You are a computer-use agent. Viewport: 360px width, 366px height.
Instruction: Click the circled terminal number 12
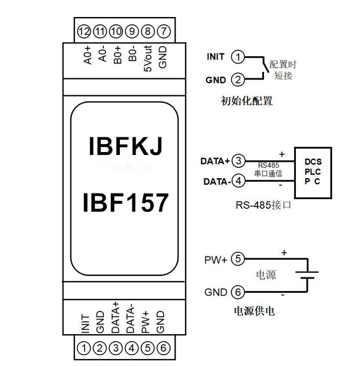pyautogui.click(x=86, y=31)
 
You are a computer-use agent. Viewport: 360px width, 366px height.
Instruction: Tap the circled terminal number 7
pyautogui.click(x=163, y=31)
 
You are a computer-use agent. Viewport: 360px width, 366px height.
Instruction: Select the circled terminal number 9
pyautogui.click(x=132, y=31)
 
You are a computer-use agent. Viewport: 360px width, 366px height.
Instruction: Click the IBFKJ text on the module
pyautogui.click(x=125, y=146)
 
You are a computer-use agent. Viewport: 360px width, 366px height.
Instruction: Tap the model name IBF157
pyautogui.click(x=125, y=201)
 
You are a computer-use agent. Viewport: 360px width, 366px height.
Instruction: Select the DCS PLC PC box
pyautogui.click(x=313, y=171)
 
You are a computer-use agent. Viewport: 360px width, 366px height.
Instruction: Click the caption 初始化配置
pyautogui.click(x=246, y=102)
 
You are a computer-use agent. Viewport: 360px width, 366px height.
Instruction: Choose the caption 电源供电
pyautogui.click(x=255, y=312)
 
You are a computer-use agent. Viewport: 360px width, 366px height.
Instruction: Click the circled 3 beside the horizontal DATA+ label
pyautogui.click(x=240, y=161)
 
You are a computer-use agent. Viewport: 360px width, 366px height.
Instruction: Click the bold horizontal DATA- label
pyautogui.click(x=214, y=182)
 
